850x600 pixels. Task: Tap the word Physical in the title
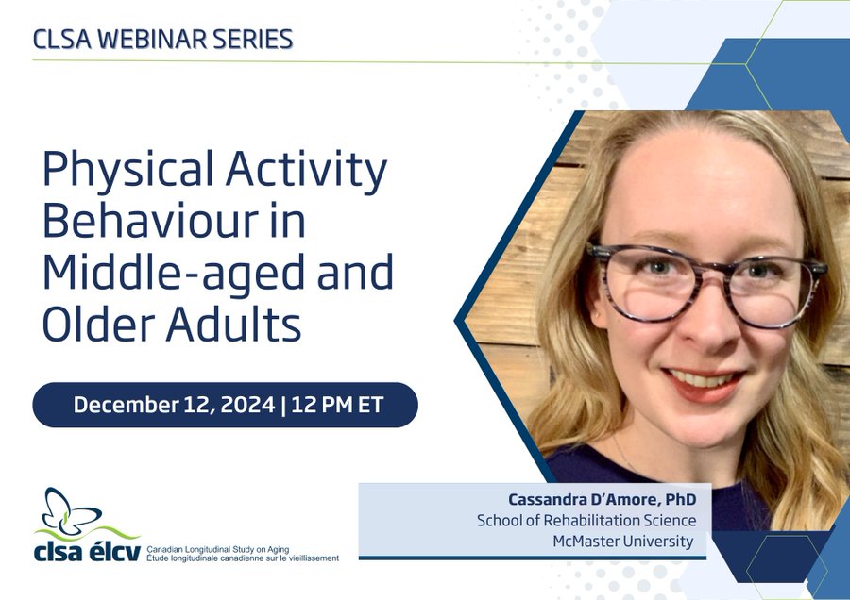click(128, 171)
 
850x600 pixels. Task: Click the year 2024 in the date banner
click(247, 405)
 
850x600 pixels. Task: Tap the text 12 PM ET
click(337, 405)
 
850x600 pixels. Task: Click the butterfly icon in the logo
click(71, 509)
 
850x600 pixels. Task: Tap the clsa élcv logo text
click(87, 550)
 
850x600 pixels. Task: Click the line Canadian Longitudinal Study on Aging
click(218, 550)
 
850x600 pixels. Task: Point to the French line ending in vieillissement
click(243, 558)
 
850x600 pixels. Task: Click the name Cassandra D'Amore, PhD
click(603, 499)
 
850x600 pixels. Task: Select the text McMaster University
click(623, 541)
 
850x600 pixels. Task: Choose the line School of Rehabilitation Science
click(586, 521)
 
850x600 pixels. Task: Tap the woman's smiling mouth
click(703, 382)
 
